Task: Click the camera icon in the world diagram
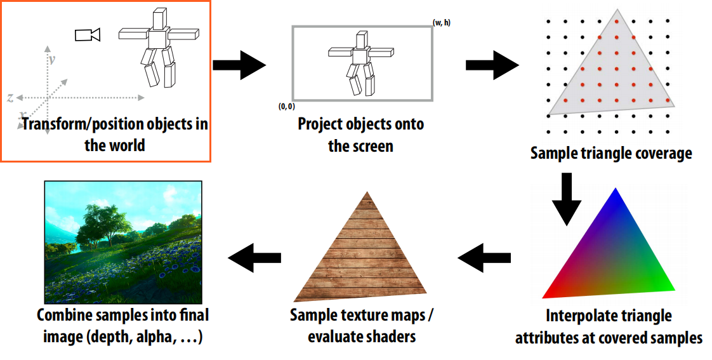tap(88, 35)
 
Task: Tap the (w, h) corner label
tap(442, 23)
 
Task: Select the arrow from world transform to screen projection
tap(239, 65)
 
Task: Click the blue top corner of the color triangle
tap(614, 194)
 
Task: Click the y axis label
tap(52, 59)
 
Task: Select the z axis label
tap(11, 98)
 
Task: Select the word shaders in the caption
tap(390, 337)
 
